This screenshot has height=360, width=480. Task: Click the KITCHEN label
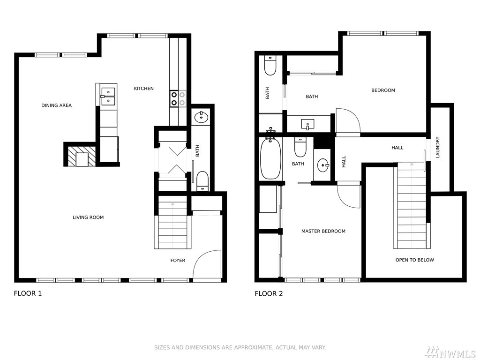[143, 89]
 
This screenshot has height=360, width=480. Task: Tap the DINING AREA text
[56, 105]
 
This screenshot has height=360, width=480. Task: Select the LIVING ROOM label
[88, 217]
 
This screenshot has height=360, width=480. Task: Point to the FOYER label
[178, 261]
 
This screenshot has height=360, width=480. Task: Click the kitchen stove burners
[178, 98]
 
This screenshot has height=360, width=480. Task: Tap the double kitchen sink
[108, 96]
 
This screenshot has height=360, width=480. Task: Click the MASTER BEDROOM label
[323, 231]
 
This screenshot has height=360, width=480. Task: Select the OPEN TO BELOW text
[414, 260]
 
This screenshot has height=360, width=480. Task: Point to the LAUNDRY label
[437, 147]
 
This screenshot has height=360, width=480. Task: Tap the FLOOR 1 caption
[28, 293]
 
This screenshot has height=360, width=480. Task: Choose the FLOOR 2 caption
[269, 293]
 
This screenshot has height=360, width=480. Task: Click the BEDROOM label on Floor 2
[383, 90]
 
